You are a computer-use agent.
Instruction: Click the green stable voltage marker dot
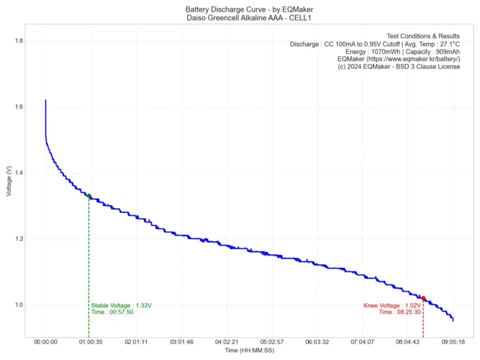[89, 195]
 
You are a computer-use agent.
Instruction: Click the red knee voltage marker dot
[423, 298]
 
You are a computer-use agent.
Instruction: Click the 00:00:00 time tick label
[45, 343]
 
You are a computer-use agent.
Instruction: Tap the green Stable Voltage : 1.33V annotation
[121, 305]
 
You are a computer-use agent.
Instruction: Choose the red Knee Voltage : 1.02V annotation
[391, 305]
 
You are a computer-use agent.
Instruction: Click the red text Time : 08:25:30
[399, 312]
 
